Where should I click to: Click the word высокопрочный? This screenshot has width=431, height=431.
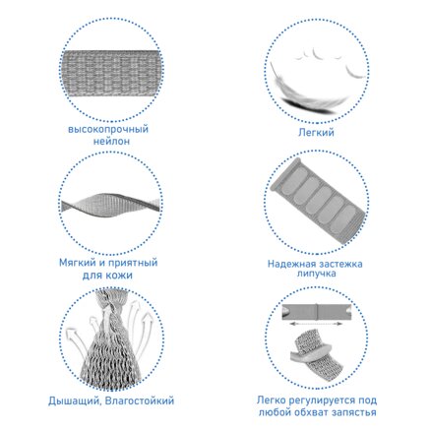click(x=108, y=129)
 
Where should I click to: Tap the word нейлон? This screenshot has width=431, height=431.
click(x=111, y=142)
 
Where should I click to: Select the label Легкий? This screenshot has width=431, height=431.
click(x=316, y=132)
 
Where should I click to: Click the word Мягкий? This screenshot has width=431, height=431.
click(x=77, y=263)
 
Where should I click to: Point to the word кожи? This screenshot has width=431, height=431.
click(x=120, y=275)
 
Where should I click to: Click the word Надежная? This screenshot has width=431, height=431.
click(x=292, y=264)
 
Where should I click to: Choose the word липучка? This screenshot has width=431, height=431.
click(x=317, y=274)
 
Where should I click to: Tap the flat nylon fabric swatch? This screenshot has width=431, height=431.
click(x=111, y=74)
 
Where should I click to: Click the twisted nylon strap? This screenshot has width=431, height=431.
click(x=111, y=204)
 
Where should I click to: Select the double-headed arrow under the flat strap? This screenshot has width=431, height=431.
click(x=316, y=324)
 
